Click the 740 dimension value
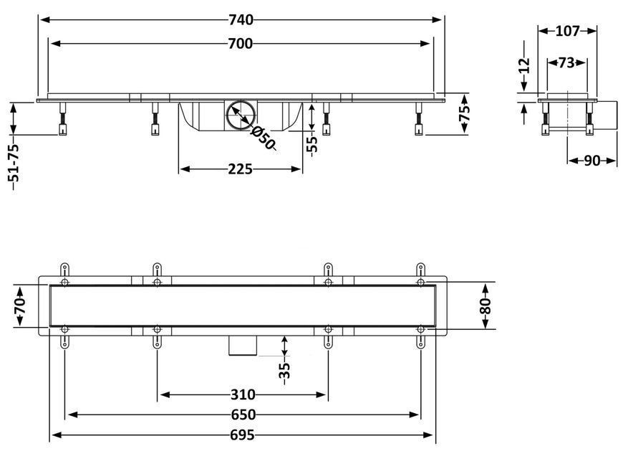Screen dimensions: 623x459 pos(241,19)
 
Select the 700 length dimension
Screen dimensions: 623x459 pos(241,44)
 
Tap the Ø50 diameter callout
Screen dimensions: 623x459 pos(262,138)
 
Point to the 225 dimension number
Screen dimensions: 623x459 pos(241,169)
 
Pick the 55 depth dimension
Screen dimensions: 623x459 pos(313,144)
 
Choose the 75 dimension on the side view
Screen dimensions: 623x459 pos(465,113)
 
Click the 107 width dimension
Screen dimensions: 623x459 pos(567,31)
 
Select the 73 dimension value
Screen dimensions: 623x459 pos(566,62)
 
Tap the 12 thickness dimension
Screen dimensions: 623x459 pos(525,65)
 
